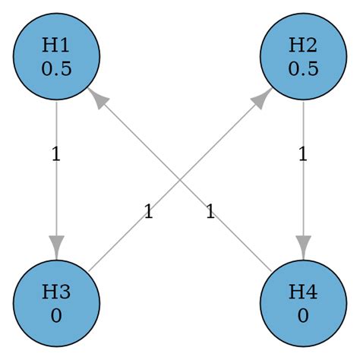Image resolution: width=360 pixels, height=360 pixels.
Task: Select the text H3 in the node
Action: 56,292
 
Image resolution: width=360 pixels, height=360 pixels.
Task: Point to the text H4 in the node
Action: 304,292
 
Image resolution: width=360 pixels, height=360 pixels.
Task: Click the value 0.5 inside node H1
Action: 56,68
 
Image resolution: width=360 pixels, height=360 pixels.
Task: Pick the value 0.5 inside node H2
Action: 304,68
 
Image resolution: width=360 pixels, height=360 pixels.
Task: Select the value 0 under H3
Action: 56,314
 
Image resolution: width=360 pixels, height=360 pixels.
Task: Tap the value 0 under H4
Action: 304,314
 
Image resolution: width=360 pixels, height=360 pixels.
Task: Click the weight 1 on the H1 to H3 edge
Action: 55,155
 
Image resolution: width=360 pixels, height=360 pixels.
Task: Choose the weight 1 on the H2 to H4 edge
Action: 302,155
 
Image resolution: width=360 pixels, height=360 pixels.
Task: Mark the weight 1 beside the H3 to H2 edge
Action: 148,212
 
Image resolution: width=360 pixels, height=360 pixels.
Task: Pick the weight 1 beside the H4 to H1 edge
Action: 210,212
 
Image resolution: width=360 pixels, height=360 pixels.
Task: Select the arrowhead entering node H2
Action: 263,96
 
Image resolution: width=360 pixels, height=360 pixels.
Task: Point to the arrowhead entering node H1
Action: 96,96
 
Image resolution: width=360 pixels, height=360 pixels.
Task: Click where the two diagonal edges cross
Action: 180,179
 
